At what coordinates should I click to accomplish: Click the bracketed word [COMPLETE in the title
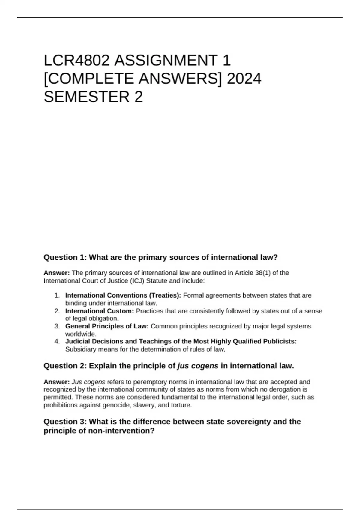point(89,79)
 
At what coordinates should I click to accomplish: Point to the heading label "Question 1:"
point(65,257)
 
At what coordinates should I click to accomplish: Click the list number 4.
point(57,341)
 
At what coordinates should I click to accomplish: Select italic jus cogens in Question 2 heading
point(198,366)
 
